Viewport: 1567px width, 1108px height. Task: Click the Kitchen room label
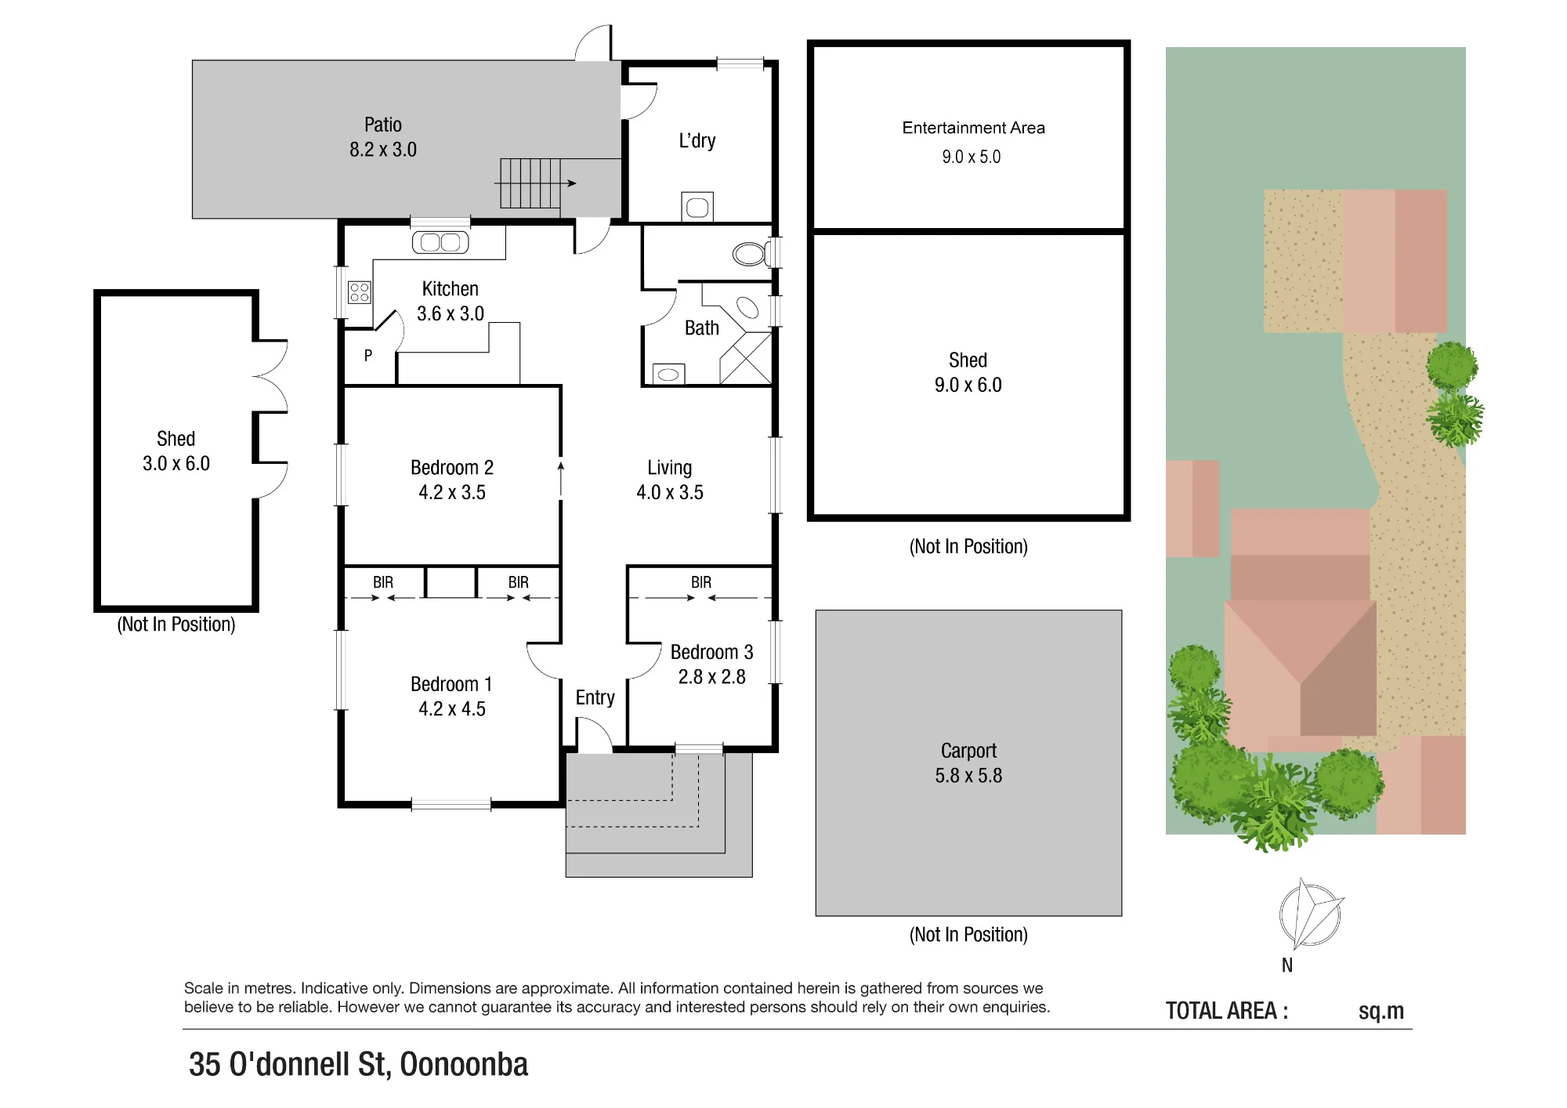(450, 289)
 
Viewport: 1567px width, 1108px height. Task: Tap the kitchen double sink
(440, 243)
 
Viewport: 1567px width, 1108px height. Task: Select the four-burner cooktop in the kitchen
(360, 292)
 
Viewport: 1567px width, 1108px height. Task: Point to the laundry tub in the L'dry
(697, 207)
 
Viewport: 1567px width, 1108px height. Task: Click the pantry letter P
(368, 356)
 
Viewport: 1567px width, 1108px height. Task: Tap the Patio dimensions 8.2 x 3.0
(383, 150)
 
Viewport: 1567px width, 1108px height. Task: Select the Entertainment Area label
(973, 128)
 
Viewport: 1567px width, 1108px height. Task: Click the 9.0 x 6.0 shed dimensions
(968, 386)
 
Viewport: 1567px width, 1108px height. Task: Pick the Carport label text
(968, 751)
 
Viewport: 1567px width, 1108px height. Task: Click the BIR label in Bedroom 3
(701, 582)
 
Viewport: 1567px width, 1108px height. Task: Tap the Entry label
(595, 697)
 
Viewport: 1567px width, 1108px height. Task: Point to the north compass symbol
(1310, 914)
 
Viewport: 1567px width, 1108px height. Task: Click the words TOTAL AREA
(1226, 1011)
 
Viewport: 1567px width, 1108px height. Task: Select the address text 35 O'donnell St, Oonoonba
(358, 1064)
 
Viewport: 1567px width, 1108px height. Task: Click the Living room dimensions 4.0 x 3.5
(670, 493)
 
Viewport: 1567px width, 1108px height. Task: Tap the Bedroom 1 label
(451, 684)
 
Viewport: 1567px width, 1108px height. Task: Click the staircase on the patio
(530, 183)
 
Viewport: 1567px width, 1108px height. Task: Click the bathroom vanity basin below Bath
(668, 375)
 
